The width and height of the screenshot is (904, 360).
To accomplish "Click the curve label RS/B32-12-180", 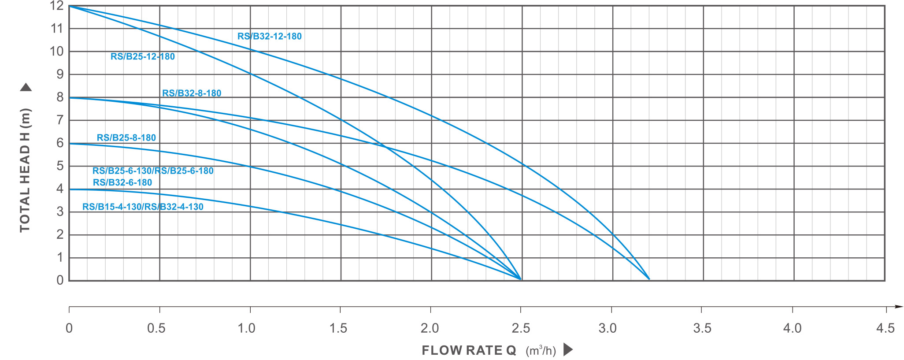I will [x=269, y=36].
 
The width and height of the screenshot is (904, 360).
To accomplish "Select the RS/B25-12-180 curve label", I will [x=142, y=56].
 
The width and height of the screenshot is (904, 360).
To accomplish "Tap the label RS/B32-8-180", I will [x=192, y=93].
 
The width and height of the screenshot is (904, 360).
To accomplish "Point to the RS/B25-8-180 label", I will [x=126, y=137].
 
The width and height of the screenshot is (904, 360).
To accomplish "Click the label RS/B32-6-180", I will [x=122, y=182].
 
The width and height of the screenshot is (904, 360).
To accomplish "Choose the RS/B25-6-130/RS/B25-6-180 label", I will [x=153, y=171].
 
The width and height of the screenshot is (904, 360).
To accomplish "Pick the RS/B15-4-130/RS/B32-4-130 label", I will [x=143, y=207].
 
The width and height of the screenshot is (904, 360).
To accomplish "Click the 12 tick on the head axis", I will [x=57, y=6].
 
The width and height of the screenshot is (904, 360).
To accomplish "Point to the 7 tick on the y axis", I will [x=60, y=120].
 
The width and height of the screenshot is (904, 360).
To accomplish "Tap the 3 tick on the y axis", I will [x=60, y=212].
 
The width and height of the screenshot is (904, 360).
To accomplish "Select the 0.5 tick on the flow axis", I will [x=156, y=328].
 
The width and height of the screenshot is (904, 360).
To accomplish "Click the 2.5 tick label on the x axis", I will [x=521, y=328].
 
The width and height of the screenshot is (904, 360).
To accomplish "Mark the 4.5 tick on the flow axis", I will [x=885, y=328].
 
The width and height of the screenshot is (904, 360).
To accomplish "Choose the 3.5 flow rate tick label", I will [x=702, y=328].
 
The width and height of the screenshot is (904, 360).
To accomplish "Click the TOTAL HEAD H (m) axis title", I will [x=25, y=170].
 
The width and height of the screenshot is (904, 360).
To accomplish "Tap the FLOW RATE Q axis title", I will [x=469, y=350].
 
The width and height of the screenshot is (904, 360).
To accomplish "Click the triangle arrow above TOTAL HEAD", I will [x=26, y=87].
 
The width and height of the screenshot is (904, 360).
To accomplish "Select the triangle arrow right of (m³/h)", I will [x=568, y=350].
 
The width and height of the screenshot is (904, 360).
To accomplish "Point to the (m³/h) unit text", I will [x=541, y=351].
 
